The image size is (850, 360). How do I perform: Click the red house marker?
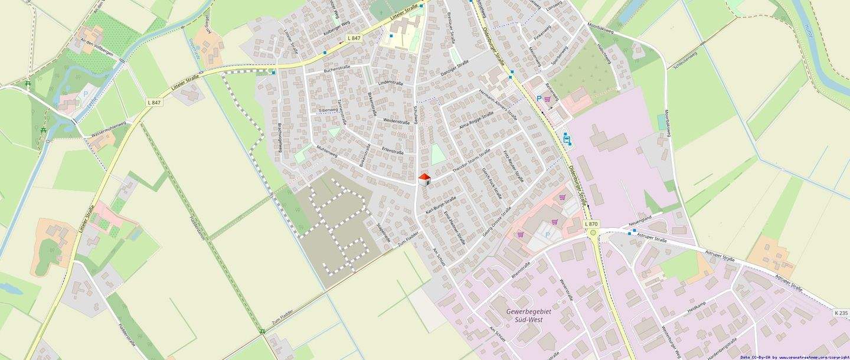click(x=424, y=179)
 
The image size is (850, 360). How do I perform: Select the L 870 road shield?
click(x=591, y=224)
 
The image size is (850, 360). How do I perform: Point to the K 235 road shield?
click(x=841, y=312)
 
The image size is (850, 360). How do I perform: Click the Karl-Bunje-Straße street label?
click(x=441, y=204)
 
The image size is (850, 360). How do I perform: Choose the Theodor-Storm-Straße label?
click(x=471, y=161)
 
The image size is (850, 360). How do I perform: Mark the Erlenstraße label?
click(x=393, y=152)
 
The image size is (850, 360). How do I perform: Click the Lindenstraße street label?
click(x=390, y=84)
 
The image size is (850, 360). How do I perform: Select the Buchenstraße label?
click(x=337, y=70)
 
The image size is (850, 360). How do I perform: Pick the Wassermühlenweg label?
click(x=109, y=130)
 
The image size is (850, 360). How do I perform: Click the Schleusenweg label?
click(x=686, y=61)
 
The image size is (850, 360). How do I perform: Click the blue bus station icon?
click(x=566, y=139)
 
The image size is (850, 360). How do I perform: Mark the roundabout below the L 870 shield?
click(x=593, y=233)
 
